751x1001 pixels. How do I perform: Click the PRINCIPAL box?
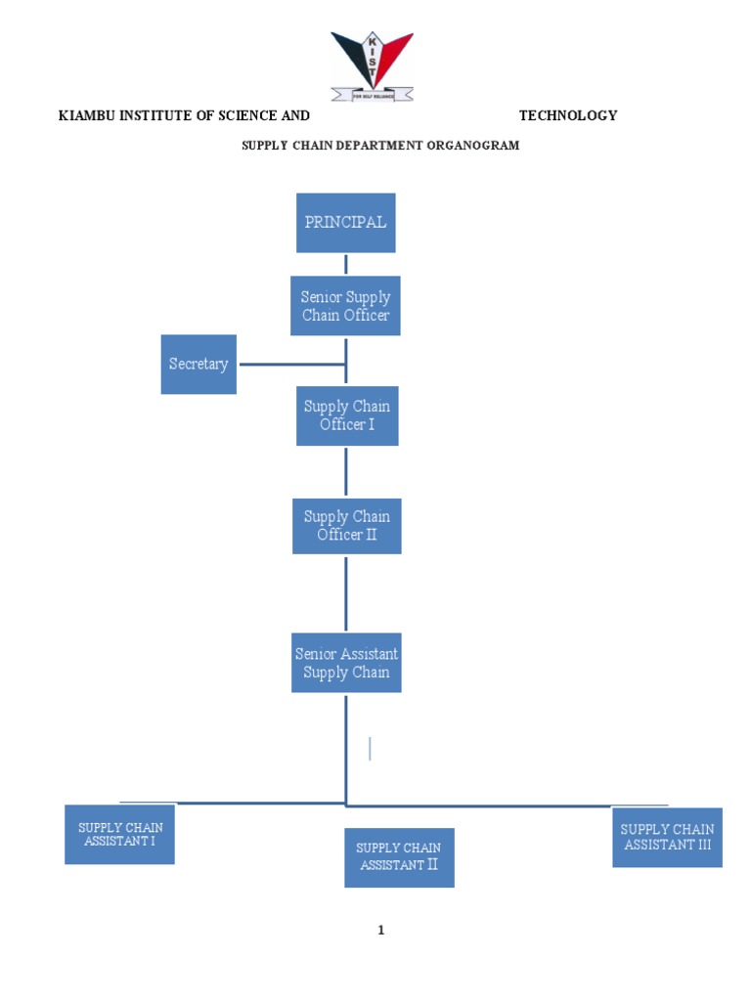(345, 223)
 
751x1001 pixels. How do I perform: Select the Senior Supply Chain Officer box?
(345, 306)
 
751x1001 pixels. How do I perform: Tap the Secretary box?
(199, 365)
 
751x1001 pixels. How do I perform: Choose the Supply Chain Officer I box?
(347, 415)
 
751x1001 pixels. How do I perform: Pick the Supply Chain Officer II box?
(346, 526)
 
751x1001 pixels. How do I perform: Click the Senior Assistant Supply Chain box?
(346, 664)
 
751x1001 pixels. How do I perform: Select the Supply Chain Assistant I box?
(119, 834)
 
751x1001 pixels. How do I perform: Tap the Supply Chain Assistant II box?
(399, 857)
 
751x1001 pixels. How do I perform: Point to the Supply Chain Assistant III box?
(667, 837)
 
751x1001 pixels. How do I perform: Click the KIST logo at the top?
(372, 65)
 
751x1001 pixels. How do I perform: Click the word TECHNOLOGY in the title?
(568, 115)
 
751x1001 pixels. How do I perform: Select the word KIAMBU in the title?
(86, 115)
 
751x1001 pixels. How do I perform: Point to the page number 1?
(381, 931)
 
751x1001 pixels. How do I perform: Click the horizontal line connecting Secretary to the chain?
(291, 365)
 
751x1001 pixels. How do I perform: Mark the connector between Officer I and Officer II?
(346, 472)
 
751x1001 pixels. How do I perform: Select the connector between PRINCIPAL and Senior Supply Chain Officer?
(346, 264)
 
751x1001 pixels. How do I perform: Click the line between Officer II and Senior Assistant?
(346, 592)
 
